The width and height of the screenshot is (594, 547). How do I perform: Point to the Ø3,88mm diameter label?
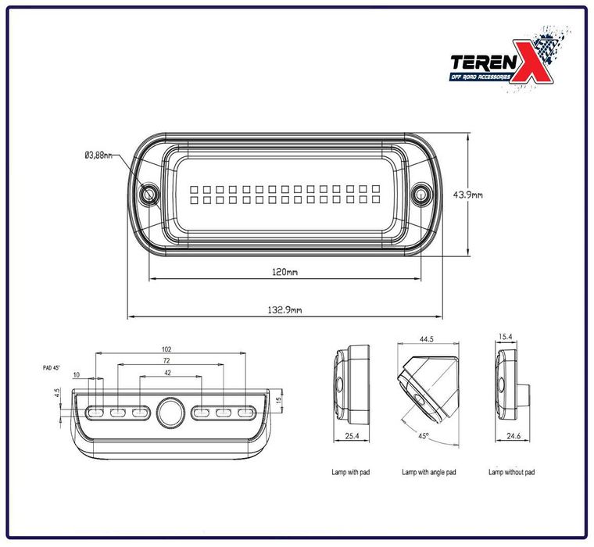pos(98,156)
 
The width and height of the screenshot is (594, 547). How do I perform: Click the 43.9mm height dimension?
pos(489,195)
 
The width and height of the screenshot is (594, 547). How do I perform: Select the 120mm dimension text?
pos(285,273)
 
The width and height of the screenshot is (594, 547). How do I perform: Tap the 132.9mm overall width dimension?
pos(285,310)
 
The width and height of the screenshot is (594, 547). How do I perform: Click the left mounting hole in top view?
pos(147,194)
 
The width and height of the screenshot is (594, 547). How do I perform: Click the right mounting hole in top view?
pos(421,193)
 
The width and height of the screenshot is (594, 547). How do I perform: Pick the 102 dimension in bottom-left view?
pos(166,349)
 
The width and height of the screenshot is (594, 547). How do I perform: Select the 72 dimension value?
pos(166,361)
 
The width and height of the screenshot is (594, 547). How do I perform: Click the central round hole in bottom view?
pos(169,412)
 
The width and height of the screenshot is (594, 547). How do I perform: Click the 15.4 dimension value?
pos(505,337)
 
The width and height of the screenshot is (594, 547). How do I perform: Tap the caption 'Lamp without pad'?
pos(511,472)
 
